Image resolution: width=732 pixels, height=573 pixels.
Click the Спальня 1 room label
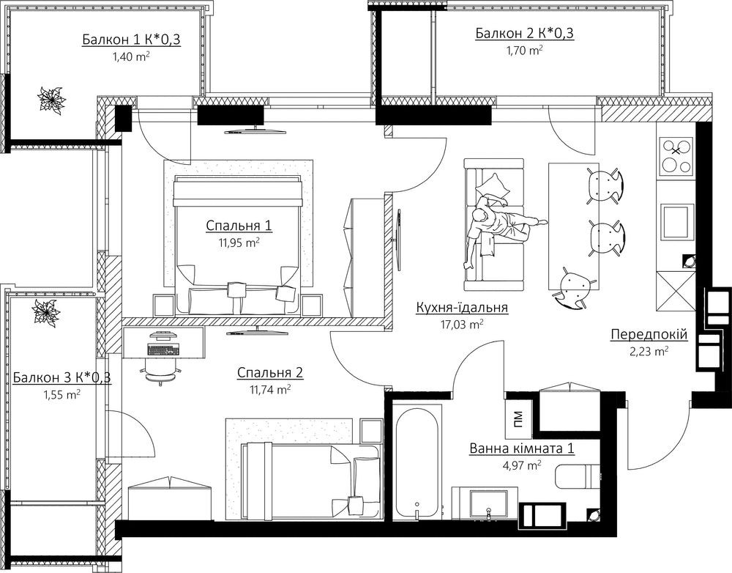tap(239, 226)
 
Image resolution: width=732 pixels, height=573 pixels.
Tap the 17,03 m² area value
tap(462, 325)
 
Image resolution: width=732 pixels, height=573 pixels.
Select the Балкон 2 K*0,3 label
tap(525, 33)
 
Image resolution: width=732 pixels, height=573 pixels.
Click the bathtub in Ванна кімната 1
tap(417, 462)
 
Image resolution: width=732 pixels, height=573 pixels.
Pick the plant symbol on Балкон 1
tap(51, 99)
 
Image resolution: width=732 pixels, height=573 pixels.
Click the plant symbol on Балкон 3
tap(45, 312)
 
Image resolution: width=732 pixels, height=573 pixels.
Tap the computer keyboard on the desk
tap(163, 350)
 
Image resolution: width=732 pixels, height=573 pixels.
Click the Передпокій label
tap(649, 335)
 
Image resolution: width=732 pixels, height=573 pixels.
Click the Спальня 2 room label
tap(270, 373)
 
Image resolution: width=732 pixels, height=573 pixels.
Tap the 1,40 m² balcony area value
tap(131, 57)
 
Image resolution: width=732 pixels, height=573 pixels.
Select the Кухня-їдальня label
tap(462, 308)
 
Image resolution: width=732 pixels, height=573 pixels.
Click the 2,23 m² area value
tap(649, 352)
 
